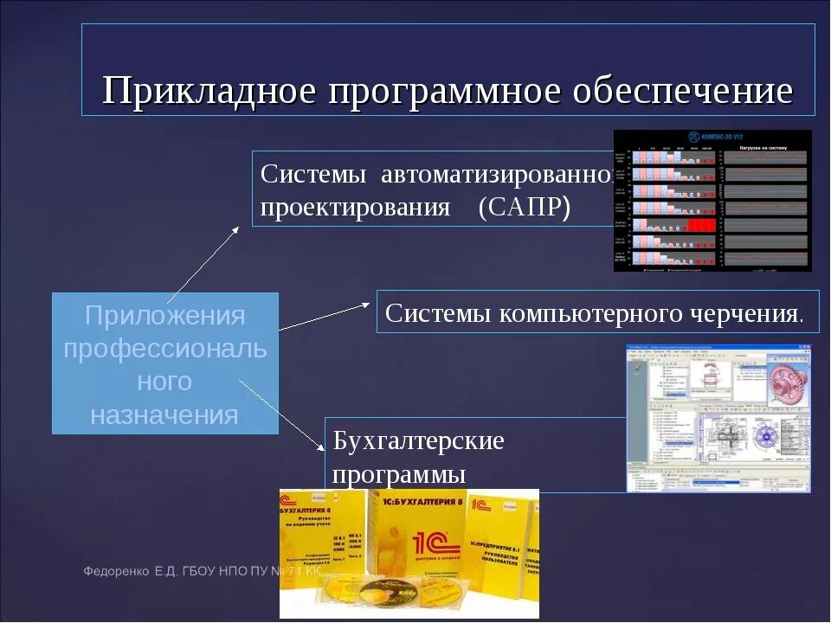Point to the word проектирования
point(355,209)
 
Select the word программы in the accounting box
point(399,474)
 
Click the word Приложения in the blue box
point(165,316)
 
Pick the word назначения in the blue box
point(164,414)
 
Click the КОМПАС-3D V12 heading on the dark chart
point(718,137)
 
